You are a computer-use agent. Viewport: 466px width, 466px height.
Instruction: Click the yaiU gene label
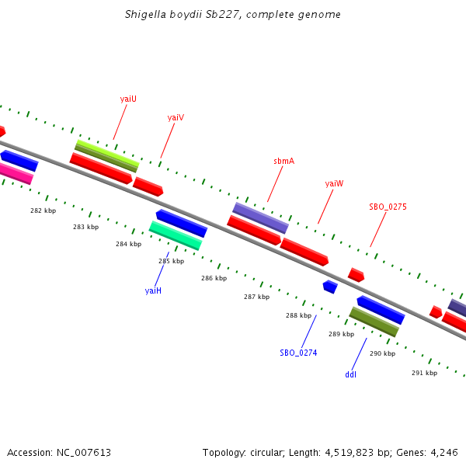pyautogui.click(x=128, y=99)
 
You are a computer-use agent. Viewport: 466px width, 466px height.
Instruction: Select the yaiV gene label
pyautogui.click(x=176, y=117)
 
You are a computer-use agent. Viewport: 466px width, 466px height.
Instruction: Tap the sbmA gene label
pyautogui.click(x=283, y=161)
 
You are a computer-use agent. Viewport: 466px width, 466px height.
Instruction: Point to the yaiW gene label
pyautogui.click(x=334, y=183)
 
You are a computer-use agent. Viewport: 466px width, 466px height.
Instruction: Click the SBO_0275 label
pyautogui.click(x=388, y=207)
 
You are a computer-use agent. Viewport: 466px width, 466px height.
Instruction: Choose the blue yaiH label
pyautogui.click(x=153, y=290)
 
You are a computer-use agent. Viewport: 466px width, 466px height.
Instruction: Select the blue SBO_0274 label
pyautogui.click(x=298, y=353)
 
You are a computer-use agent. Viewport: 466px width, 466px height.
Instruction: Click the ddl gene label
pyautogui.click(x=350, y=374)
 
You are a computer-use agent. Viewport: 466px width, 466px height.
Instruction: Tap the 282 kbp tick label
pyautogui.click(x=43, y=210)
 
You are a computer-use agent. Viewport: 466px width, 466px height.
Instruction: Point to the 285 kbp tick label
pyautogui.click(x=171, y=261)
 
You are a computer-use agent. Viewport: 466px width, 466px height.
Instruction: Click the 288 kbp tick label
pyautogui.click(x=298, y=315)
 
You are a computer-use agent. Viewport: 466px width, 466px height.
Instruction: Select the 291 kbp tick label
pyautogui.click(x=424, y=373)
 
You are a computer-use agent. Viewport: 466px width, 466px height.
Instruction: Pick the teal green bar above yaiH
pyautogui.click(x=176, y=235)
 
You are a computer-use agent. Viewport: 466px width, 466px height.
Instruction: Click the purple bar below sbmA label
pyautogui.click(x=260, y=217)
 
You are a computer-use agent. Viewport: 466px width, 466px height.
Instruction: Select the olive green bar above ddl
pyautogui.click(x=374, y=322)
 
